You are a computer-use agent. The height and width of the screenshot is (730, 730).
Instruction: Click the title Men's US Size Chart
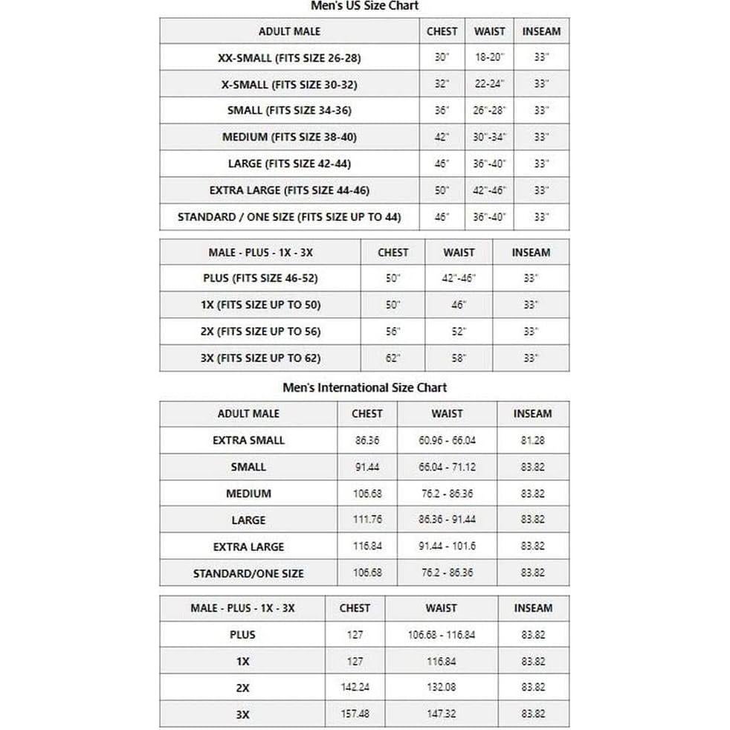pyautogui.click(x=365, y=6)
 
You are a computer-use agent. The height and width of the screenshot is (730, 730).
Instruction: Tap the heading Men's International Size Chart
pyautogui.click(x=365, y=387)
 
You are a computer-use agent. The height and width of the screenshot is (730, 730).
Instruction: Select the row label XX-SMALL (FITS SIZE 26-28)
pyautogui.click(x=289, y=57)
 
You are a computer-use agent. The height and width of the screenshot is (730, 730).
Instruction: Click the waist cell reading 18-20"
pyautogui.click(x=489, y=57)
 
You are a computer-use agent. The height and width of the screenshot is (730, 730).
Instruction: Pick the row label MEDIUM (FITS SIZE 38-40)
pyautogui.click(x=289, y=137)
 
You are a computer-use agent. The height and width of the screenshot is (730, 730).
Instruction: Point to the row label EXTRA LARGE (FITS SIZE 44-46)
pyautogui.click(x=289, y=190)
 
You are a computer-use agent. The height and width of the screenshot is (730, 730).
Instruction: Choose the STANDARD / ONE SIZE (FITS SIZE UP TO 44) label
pyautogui.click(x=289, y=217)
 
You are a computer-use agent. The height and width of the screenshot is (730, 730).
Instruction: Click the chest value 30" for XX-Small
pyautogui.click(x=442, y=57)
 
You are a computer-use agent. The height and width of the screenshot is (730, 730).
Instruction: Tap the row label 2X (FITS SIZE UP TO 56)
pyautogui.click(x=260, y=332)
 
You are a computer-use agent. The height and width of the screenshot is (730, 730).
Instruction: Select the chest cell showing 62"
pyautogui.click(x=393, y=358)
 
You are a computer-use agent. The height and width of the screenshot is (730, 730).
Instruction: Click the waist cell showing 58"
pyautogui.click(x=459, y=358)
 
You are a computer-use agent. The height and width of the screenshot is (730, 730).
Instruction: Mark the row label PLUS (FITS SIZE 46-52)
pyautogui.click(x=260, y=278)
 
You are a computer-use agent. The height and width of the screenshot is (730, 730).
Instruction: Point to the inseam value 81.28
pyautogui.click(x=532, y=440)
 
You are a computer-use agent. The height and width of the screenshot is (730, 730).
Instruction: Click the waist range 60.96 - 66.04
pyautogui.click(x=447, y=440)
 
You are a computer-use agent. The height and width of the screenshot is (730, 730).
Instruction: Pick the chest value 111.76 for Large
pyautogui.click(x=367, y=520)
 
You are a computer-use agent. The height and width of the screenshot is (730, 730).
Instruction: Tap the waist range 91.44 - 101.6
pyautogui.click(x=447, y=546)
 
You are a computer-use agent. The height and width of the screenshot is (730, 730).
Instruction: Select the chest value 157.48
pyautogui.click(x=355, y=714)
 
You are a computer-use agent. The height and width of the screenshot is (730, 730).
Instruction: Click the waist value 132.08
pyautogui.click(x=441, y=688)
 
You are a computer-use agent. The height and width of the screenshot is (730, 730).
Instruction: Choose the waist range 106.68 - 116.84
pyautogui.click(x=441, y=635)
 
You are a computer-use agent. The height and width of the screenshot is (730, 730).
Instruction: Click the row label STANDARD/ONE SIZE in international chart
pyautogui.click(x=248, y=573)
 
